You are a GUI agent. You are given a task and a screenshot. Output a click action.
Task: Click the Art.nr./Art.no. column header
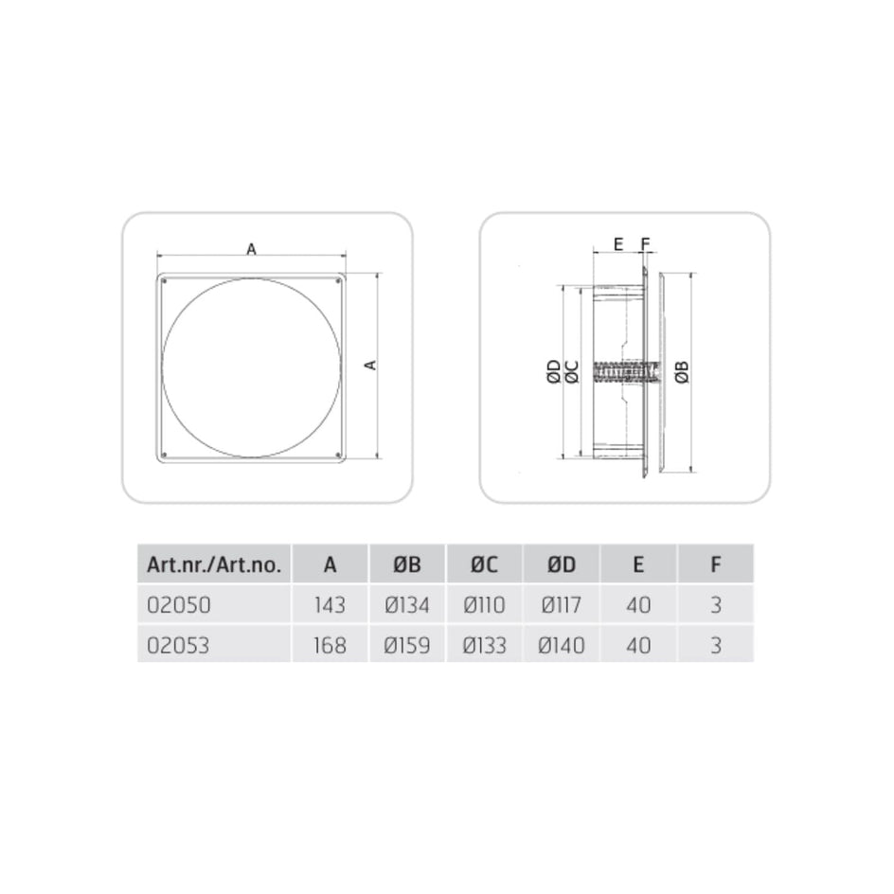pos(214,564)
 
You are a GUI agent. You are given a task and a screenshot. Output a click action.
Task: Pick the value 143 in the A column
pos(330,605)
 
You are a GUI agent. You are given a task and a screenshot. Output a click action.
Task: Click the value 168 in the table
pos(330,646)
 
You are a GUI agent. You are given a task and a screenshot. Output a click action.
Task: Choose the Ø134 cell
pos(407,605)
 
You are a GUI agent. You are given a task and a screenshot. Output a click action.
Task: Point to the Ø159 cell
pos(407,646)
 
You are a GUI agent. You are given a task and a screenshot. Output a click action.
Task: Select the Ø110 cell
pos(484,605)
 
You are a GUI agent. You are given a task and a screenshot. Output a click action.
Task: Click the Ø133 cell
pos(484,646)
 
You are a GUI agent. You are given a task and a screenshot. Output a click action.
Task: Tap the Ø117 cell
pos(562,605)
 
